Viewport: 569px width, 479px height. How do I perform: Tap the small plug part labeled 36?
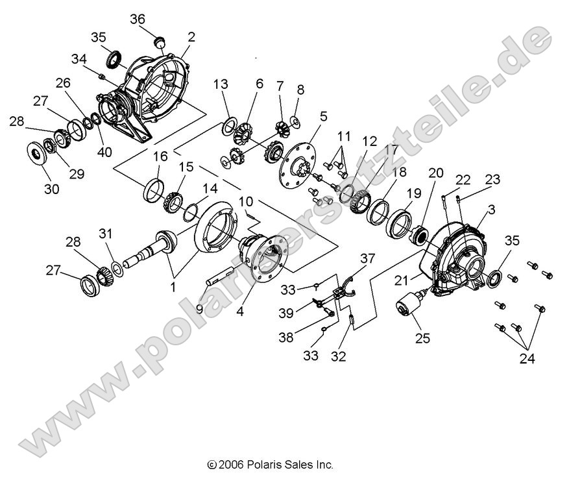157,42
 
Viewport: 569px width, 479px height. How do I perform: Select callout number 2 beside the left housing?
191,36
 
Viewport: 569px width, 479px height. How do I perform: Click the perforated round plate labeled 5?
300,158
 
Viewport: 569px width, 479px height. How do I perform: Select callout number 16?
160,156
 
